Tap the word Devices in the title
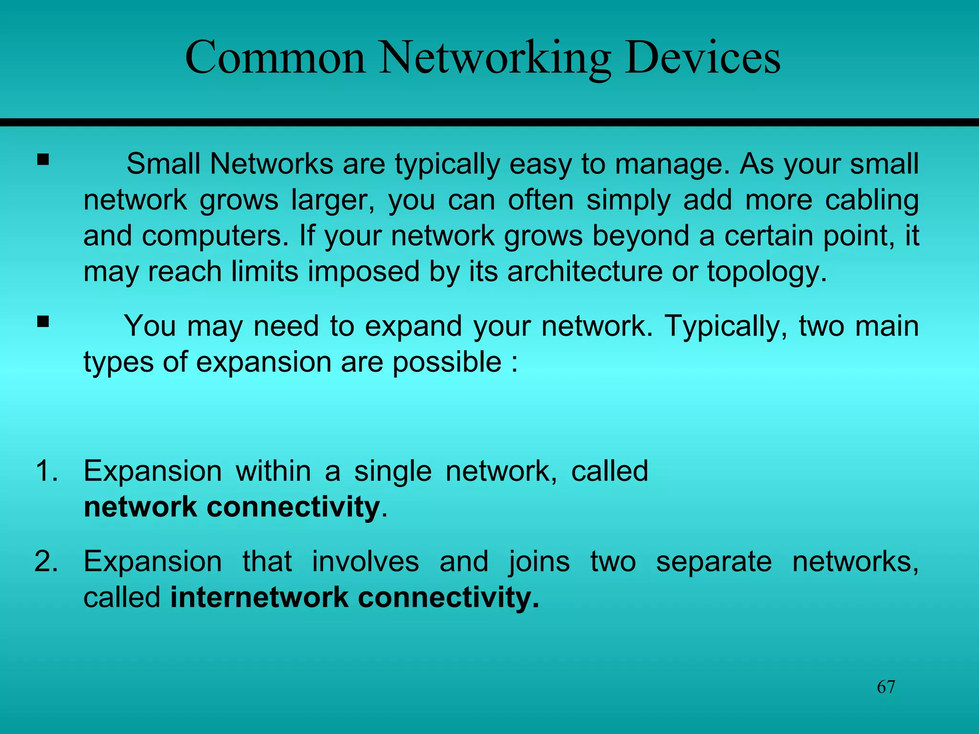click(702, 58)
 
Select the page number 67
click(886, 687)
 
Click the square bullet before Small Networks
click(43, 159)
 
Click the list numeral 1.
click(46, 471)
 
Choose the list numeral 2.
click(46, 561)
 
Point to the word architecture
click(585, 271)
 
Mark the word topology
click(766, 272)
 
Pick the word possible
click(447, 362)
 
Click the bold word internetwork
click(260, 597)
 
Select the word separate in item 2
click(714, 562)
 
